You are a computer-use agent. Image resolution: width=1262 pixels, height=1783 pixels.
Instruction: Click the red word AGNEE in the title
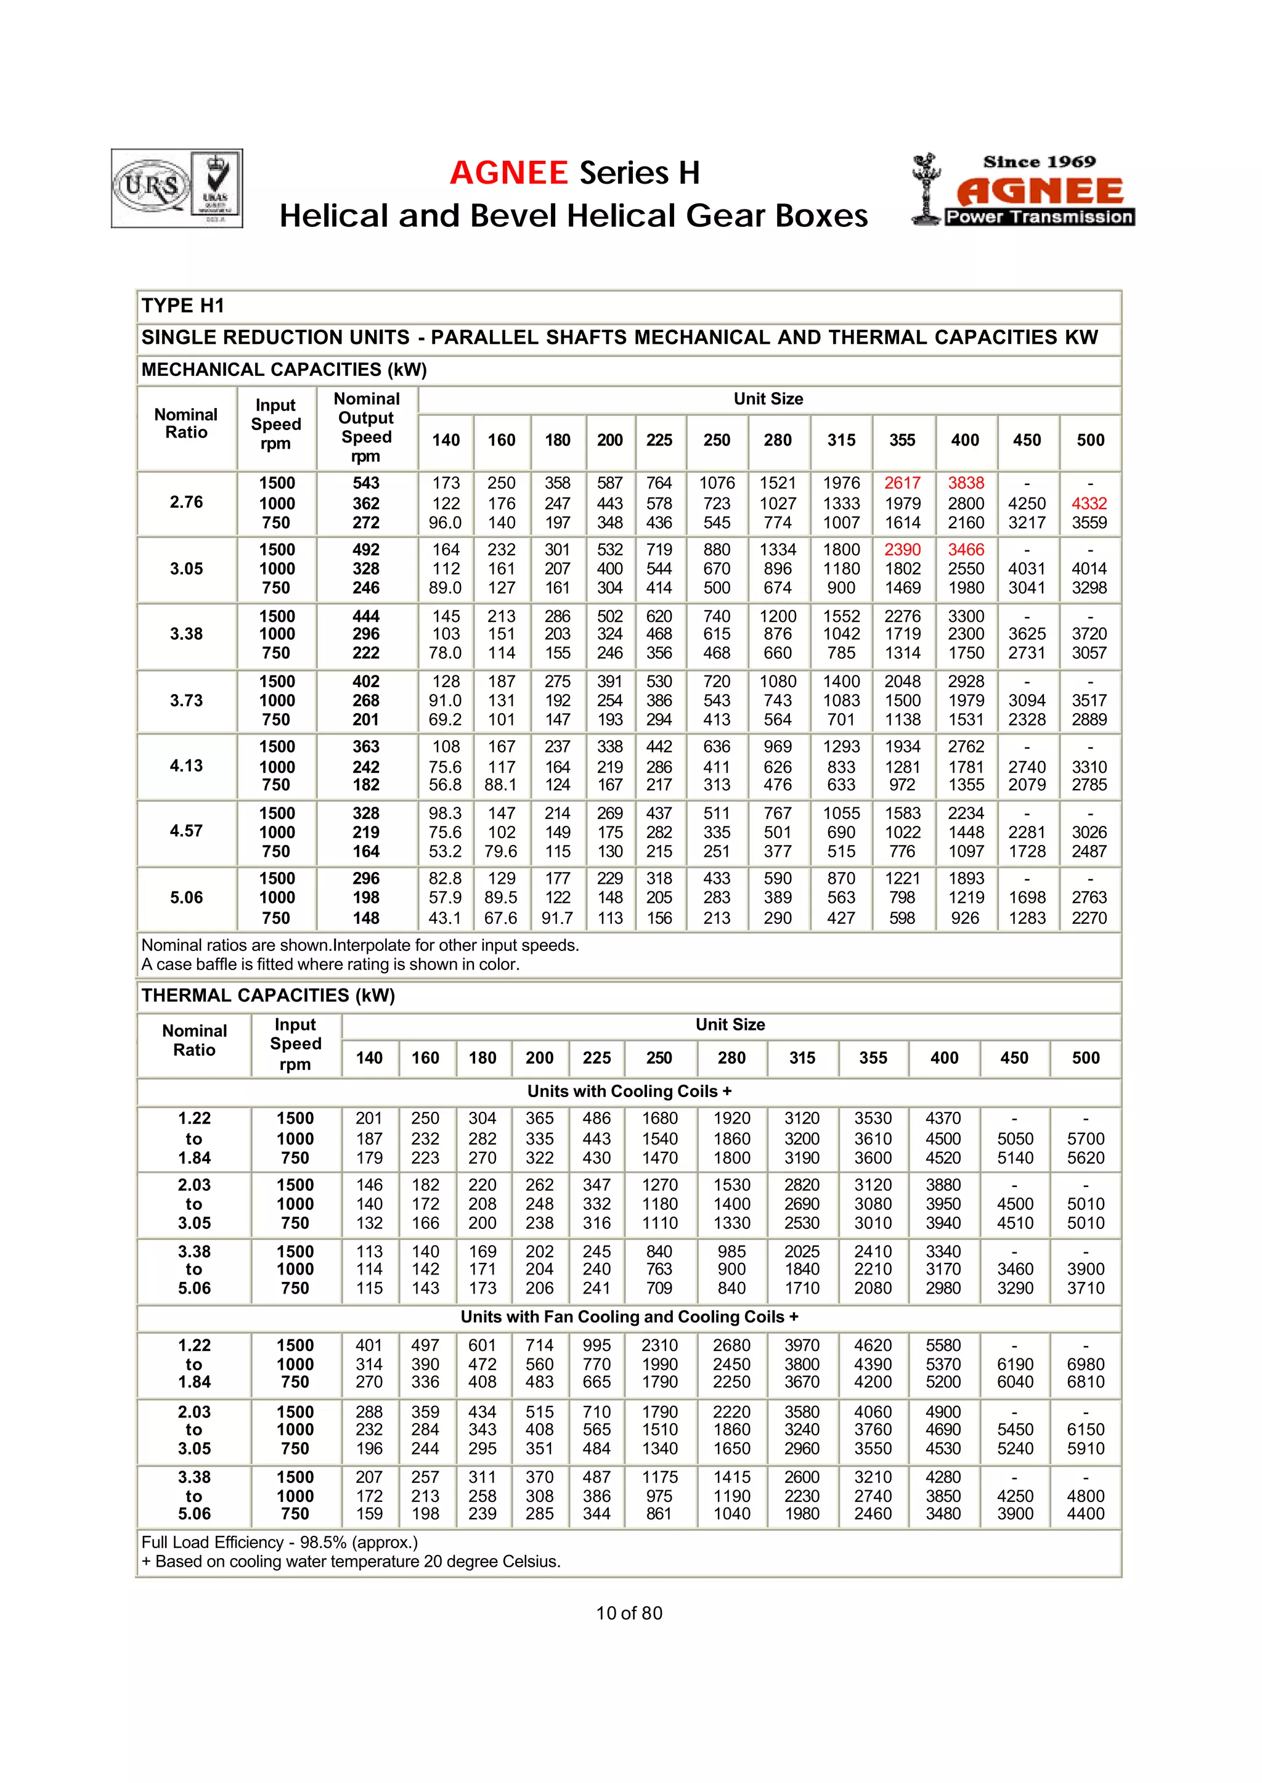(x=509, y=173)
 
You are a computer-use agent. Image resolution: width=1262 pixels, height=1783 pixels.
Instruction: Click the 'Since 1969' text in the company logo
(x=1039, y=161)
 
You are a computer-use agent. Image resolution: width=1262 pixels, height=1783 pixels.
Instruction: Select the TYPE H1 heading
(x=182, y=306)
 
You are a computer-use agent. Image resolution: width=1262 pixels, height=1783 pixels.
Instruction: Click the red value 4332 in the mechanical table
(x=1089, y=503)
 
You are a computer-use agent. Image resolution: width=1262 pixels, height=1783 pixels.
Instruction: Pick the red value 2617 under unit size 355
(x=902, y=483)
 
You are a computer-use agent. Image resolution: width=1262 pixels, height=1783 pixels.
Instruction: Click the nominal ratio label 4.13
(x=187, y=765)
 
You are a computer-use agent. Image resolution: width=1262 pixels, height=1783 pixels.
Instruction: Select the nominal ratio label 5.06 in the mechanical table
(x=187, y=898)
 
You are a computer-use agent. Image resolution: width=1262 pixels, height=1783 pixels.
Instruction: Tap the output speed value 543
(x=366, y=483)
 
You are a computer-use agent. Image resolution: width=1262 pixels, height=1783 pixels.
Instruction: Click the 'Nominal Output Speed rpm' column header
(x=366, y=428)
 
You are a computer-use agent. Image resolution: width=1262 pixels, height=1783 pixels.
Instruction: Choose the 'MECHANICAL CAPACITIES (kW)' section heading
(x=285, y=369)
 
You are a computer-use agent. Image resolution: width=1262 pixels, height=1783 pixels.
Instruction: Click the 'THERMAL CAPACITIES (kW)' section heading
(x=268, y=995)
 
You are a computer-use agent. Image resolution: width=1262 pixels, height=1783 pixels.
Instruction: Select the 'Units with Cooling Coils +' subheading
(x=629, y=1091)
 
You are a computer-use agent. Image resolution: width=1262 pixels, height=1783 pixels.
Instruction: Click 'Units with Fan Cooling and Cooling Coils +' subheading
(x=629, y=1316)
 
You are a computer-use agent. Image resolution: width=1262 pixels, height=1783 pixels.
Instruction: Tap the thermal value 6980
(x=1086, y=1364)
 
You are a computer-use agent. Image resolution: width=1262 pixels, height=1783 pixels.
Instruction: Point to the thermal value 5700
(x=1086, y=1139)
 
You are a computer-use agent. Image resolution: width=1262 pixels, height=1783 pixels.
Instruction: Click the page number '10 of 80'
(x=629, y=1613)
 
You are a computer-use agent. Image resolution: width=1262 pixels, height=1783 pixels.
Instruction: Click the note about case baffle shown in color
(x=330, y=965)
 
